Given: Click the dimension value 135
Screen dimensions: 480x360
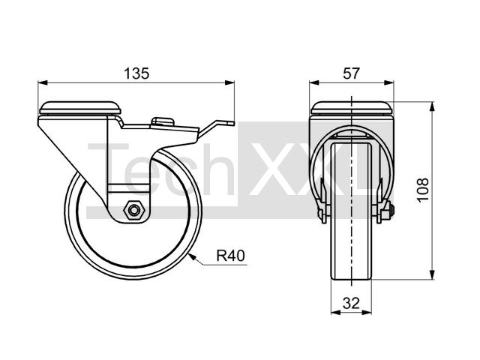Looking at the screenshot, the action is [136, 73].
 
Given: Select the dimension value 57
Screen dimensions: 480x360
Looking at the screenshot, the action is [351, 73].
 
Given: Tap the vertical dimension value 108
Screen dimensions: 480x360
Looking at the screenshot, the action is [423, 190].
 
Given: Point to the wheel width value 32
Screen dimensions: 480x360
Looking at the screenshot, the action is [351, 303].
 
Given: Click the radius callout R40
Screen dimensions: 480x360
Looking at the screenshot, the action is [231, 256].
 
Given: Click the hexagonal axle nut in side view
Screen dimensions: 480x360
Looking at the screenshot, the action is [133, 210].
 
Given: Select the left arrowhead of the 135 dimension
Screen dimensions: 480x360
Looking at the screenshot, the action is [43, 82].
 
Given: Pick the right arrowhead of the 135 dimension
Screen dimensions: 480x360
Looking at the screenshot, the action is [229, 82].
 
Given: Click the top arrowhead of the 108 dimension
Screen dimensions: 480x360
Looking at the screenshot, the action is [432, 106].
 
